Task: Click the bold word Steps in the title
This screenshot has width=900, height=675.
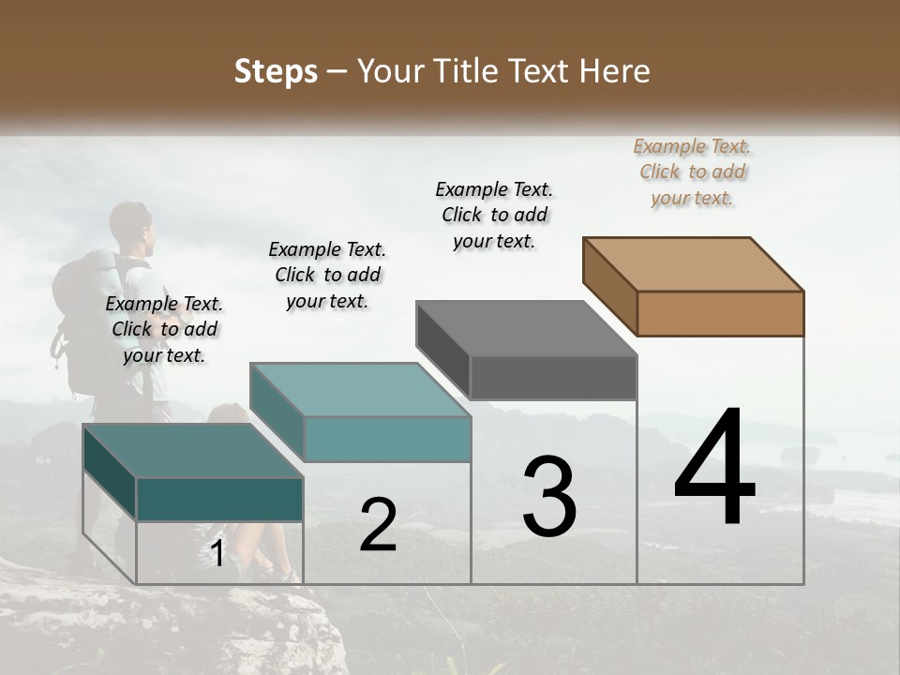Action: coord(276,71)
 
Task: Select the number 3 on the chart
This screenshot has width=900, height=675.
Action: coord(549,497)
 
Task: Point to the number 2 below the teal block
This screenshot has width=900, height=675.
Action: coord(378,525)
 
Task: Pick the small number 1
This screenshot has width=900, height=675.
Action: coord(217,554)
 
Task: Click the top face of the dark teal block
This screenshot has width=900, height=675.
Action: coord(193,451)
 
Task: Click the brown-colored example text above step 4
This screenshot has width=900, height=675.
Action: coord(692,172)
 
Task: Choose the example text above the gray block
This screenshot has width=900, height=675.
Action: coord(494,215)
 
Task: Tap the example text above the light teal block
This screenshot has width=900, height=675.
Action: coord(327,275)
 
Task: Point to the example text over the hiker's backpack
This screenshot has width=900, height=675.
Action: coord(164,329)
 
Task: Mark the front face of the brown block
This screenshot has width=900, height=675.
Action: coord(720,313)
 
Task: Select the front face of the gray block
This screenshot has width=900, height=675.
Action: coord(553,377)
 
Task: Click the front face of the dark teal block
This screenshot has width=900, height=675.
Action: coord(219,499)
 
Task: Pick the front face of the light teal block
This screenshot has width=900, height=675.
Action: coord(387,439)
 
